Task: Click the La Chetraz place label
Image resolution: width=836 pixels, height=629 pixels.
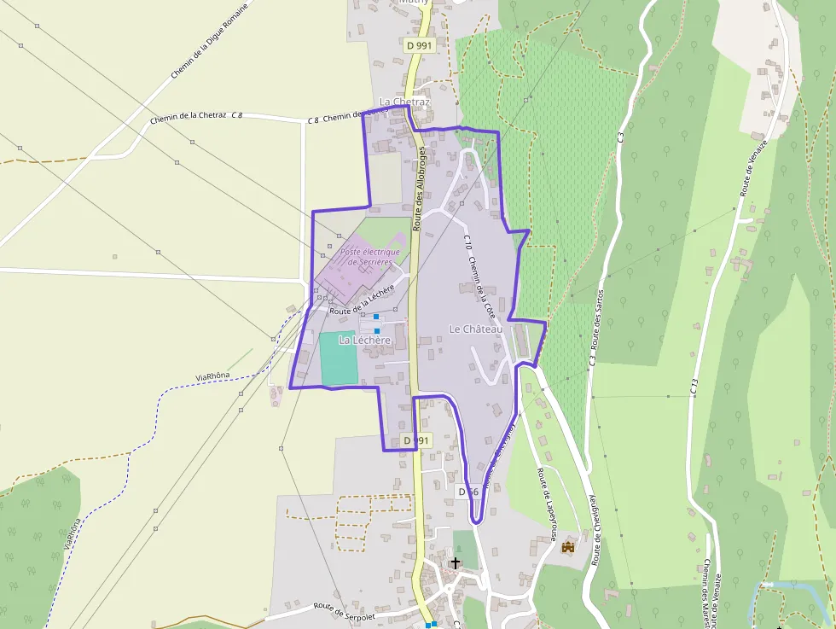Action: tap(404, 102)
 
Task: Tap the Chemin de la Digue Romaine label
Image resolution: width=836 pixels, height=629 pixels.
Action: tap(209, 41)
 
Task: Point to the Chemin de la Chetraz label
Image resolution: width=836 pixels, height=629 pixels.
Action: tap(188, 119)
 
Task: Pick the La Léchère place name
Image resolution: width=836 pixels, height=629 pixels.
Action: tap(364, 340)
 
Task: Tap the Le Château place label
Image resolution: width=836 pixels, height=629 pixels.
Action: tap(476, 329)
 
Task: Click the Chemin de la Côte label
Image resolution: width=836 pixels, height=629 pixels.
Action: tap(482, 286)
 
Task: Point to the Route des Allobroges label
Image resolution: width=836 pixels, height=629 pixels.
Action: tap(419, 189)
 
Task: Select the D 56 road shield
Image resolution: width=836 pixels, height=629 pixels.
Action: tap(467, 492)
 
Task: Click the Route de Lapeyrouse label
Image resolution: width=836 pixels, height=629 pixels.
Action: tap(546, 504)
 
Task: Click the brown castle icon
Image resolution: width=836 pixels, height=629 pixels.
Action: tap(568, 546)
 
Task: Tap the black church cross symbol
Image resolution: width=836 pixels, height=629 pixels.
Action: tap(456, 563)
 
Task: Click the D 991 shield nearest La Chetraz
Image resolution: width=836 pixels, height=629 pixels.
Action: tap(419, 45)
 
